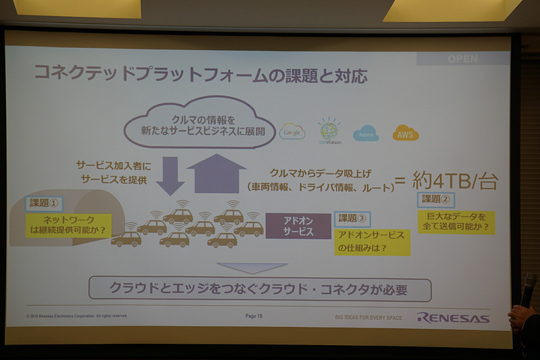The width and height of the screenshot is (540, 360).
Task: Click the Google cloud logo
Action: coord(292,131)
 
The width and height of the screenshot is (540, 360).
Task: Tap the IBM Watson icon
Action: coord(330,131)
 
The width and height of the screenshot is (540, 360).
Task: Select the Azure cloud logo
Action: coord(366,132)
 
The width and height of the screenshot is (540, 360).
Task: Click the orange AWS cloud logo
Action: coord(406,132)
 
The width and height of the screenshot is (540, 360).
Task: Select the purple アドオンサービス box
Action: coord(298,226)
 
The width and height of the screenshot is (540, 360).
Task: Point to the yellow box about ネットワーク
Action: coord(70,224)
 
